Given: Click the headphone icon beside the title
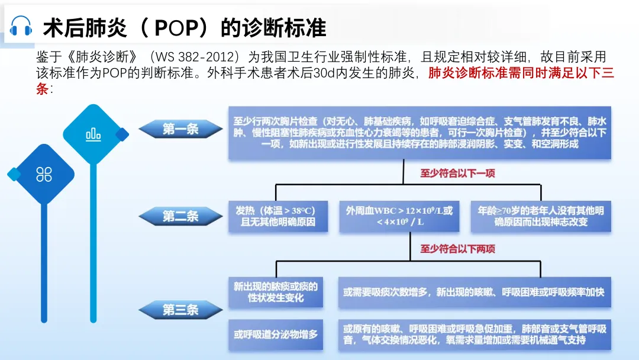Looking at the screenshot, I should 21,26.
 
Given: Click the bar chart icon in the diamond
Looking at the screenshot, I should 93,134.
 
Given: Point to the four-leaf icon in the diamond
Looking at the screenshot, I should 44,174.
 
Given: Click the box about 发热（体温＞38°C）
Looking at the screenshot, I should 275,217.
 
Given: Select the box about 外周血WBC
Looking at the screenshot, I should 399,217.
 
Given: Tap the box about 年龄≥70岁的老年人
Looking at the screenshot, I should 541,217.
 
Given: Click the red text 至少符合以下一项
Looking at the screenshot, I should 457,173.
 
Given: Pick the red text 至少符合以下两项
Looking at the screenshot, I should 457,249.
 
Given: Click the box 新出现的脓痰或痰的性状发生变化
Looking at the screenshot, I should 275,292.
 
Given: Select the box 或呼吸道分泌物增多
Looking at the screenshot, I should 275,335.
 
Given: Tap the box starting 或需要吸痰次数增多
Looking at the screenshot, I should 475,292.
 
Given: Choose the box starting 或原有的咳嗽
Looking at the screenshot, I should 475,335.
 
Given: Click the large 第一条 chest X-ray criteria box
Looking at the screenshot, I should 419,133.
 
